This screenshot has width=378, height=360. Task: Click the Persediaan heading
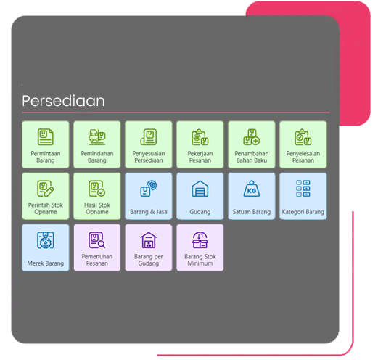[63, 101]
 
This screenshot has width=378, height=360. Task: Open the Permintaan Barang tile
[46, 144]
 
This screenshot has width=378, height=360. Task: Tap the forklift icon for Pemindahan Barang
[97, 137]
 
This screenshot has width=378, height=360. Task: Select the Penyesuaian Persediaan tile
[149, 144]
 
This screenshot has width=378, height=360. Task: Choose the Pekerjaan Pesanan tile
[200, 144]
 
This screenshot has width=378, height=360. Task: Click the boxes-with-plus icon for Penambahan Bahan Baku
[252, 137]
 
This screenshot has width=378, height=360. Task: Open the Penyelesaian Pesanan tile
[303, 144]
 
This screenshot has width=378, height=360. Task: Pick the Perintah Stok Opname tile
[46, 196]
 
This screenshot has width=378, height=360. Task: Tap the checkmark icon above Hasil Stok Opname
[97, 189]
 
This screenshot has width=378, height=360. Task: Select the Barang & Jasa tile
[149, 196]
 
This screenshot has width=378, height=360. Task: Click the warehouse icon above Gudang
[200, 189]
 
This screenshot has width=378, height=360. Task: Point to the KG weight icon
[252, 189]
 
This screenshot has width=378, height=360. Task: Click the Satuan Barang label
[252, 212]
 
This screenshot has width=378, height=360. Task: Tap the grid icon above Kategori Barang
[303, 189]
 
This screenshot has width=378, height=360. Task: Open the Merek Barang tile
[46, 247]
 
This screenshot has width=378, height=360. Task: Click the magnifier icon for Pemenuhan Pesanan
[97, 240]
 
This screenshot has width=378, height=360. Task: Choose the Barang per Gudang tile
[149, 247]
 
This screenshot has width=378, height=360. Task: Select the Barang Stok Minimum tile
[200, 247]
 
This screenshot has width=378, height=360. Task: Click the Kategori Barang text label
[303, 212]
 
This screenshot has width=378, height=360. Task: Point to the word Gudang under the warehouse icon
[200, 212]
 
